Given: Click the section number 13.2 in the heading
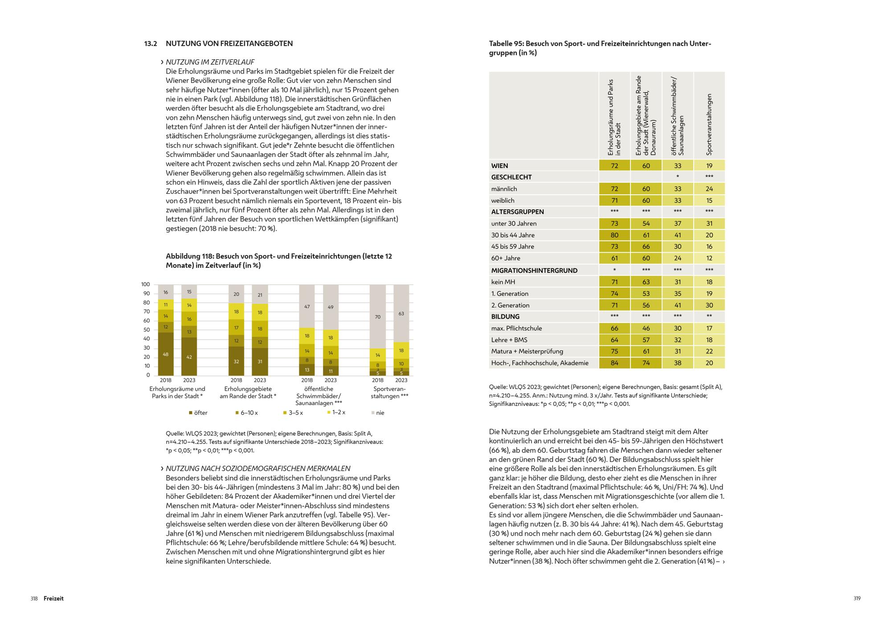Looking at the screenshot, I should pyautogui.click(x=151, y=44).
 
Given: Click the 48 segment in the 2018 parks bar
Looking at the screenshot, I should pyautogui.click(x=166, y=354).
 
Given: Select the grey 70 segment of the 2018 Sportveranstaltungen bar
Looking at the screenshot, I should pyautogui.click(x=377, y=317).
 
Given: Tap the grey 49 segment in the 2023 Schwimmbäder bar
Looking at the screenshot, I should pyautogui.click(x=331, y=307).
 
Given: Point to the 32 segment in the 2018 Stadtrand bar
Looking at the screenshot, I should pyautogui.click(x=236, y=361).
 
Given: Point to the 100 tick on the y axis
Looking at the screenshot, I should pyautogui.click(x=146, y=284).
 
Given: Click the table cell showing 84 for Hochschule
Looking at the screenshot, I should pyautogui.click(x=614, y=363).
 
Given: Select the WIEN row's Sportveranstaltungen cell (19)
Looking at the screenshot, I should pyautogui.click(x=709, y=166).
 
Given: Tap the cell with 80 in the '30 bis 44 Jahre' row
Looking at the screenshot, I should pyautogui.click(x=614, y=235).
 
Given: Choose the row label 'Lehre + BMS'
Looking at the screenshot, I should pyautogui.click(x=509, y=340).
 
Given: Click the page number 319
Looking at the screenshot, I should pyautogui.click(x=857, y=598).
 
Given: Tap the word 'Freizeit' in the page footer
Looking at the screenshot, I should pyautogui.click(x=53, y=598).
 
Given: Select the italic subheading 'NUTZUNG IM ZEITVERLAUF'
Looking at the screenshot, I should pyautogui.click(x=210, y=62).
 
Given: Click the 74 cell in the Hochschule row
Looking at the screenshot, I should pyautogui.click(x=646, y=363).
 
